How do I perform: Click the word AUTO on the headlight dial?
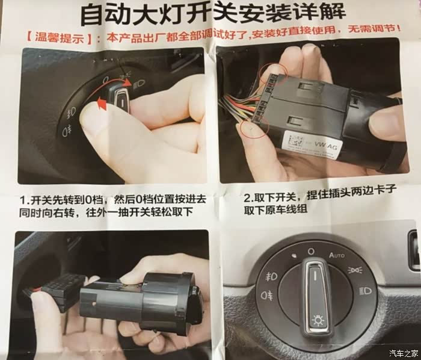(x=337, y=255)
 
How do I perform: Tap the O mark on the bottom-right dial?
(x=311, y=252)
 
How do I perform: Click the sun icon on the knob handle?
(x=318, y=320)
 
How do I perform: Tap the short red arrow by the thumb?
(x=102, y=104)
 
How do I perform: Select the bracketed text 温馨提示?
(x=60, y=38)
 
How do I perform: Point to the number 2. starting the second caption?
(x=248, y=199)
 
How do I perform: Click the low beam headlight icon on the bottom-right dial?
(x=366, y=291)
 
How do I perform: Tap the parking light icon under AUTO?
(x=355, y=270)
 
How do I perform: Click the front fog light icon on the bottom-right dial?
(x=271, y=277)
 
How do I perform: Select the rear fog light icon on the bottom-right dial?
(x=267, y=296)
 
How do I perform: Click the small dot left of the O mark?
(x=295, y=255)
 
